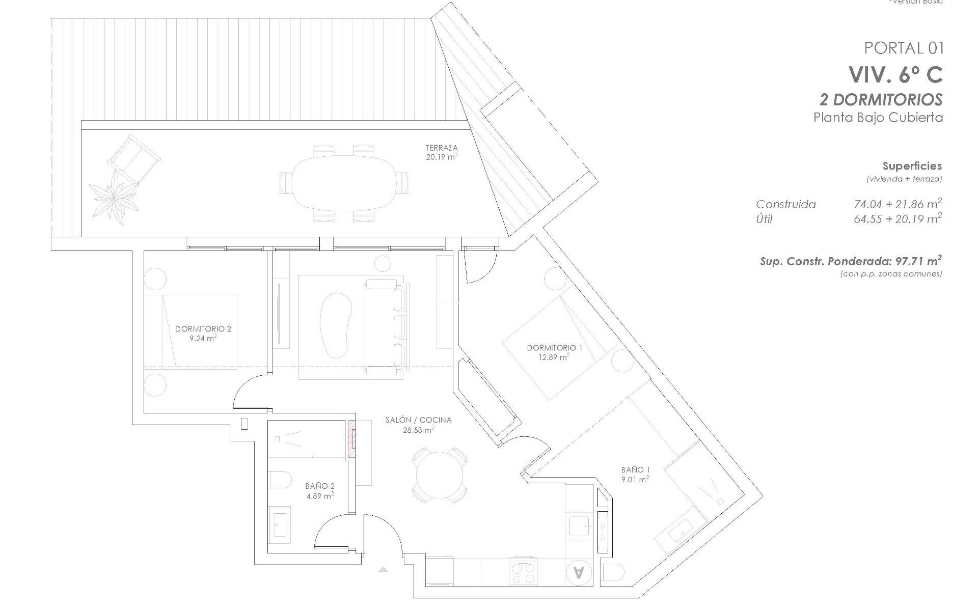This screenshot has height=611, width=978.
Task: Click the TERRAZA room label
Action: tap(442, 148)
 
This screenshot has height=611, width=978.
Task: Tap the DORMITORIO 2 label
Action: tap(203, 329)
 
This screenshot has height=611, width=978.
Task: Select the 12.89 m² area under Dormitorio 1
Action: tap(555, 357)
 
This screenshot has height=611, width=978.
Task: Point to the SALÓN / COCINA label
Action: tap(418, 420)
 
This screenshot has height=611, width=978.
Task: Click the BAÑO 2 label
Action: tap(320, 486)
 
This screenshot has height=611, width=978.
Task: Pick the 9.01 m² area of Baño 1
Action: tap(635, 479)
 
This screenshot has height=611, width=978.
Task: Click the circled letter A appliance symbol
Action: tap(579, 572)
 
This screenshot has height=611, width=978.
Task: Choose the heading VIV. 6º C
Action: tap(895, 75)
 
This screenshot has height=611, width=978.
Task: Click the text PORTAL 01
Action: tap(904, 48)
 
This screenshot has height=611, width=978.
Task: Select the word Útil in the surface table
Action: tap(764, 219)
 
